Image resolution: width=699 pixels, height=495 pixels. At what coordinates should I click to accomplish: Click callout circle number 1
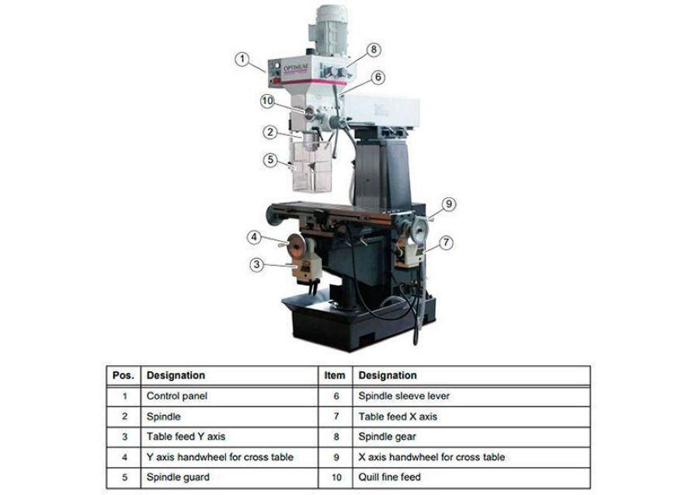pos(242,58)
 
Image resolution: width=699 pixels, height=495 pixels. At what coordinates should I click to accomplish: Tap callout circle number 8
pos(374,49)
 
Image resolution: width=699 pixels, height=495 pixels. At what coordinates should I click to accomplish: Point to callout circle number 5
pos(270,160)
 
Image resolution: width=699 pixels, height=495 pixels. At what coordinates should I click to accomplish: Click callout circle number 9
pos(448,204)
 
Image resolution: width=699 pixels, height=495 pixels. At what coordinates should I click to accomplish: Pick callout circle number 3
pos(258,264)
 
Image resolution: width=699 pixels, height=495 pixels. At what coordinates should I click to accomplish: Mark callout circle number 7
pos(446,242)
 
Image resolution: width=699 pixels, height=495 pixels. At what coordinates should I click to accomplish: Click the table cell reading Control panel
pos(177,396)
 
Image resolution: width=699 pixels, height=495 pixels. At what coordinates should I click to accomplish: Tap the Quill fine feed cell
pos(390,476)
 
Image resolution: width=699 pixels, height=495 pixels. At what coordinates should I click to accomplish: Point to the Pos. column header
pos(123,375)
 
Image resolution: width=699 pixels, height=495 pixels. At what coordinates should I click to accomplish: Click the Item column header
pos(334,375)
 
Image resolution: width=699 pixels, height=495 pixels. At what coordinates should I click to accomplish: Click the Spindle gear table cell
pos(384,436)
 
